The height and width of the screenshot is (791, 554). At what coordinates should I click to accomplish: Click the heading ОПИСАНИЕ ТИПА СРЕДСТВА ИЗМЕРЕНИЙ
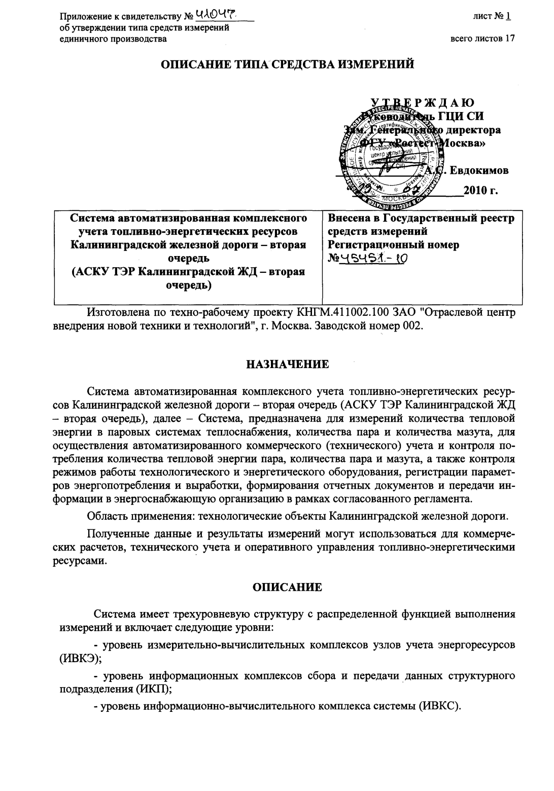(287, 64)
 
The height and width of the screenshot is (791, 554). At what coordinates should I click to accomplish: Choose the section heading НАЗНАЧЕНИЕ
(287, 364)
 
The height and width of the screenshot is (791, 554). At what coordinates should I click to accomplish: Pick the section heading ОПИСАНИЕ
(287, 587)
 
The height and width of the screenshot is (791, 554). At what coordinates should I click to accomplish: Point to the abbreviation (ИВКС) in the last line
(439, 706)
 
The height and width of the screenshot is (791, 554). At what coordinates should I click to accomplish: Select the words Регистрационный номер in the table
(394, 245)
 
